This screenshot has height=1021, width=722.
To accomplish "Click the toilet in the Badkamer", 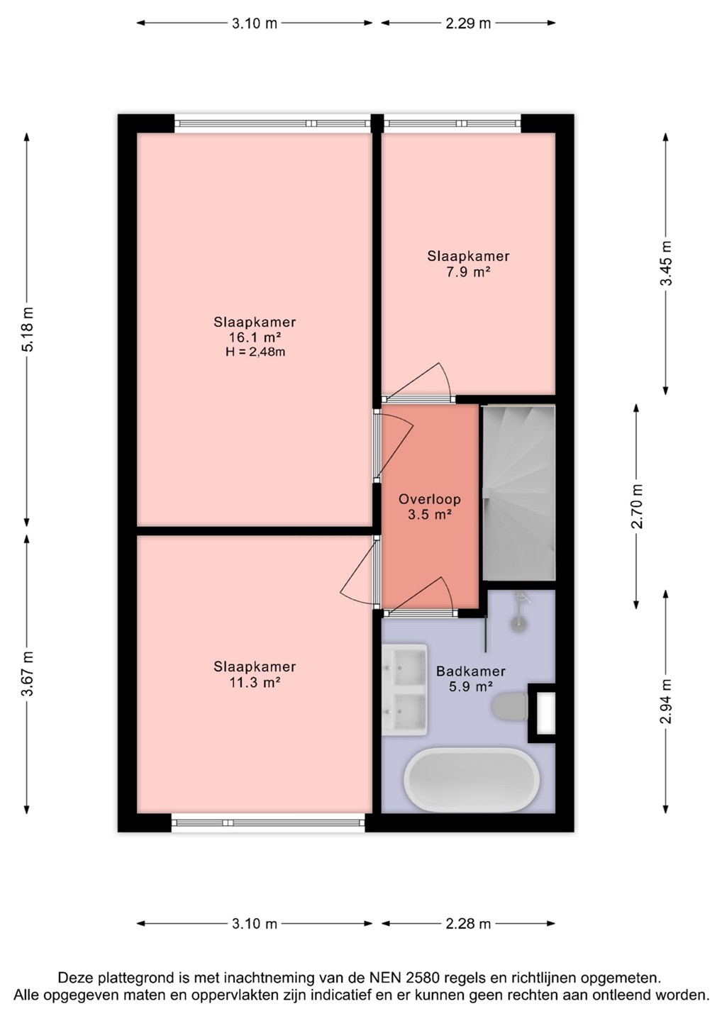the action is (x=510, y=707).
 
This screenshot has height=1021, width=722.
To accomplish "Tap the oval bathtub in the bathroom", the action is (x=472, y=779).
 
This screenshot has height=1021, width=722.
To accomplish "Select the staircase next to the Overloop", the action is (x=518, y=492).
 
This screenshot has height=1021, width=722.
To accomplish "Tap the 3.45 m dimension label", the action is (x=666, y=263).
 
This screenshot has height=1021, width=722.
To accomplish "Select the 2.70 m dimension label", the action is (x=637, y=506).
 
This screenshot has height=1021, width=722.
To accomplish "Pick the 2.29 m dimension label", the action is (x=468, y=23).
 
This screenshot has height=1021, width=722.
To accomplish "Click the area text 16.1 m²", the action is (x=255, y=337).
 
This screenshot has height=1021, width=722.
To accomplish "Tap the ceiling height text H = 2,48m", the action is (x=255, y=352).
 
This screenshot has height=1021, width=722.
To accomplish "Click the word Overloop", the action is (x=429, y=499).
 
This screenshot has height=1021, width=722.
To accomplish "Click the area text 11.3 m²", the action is (x=255, y=682).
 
